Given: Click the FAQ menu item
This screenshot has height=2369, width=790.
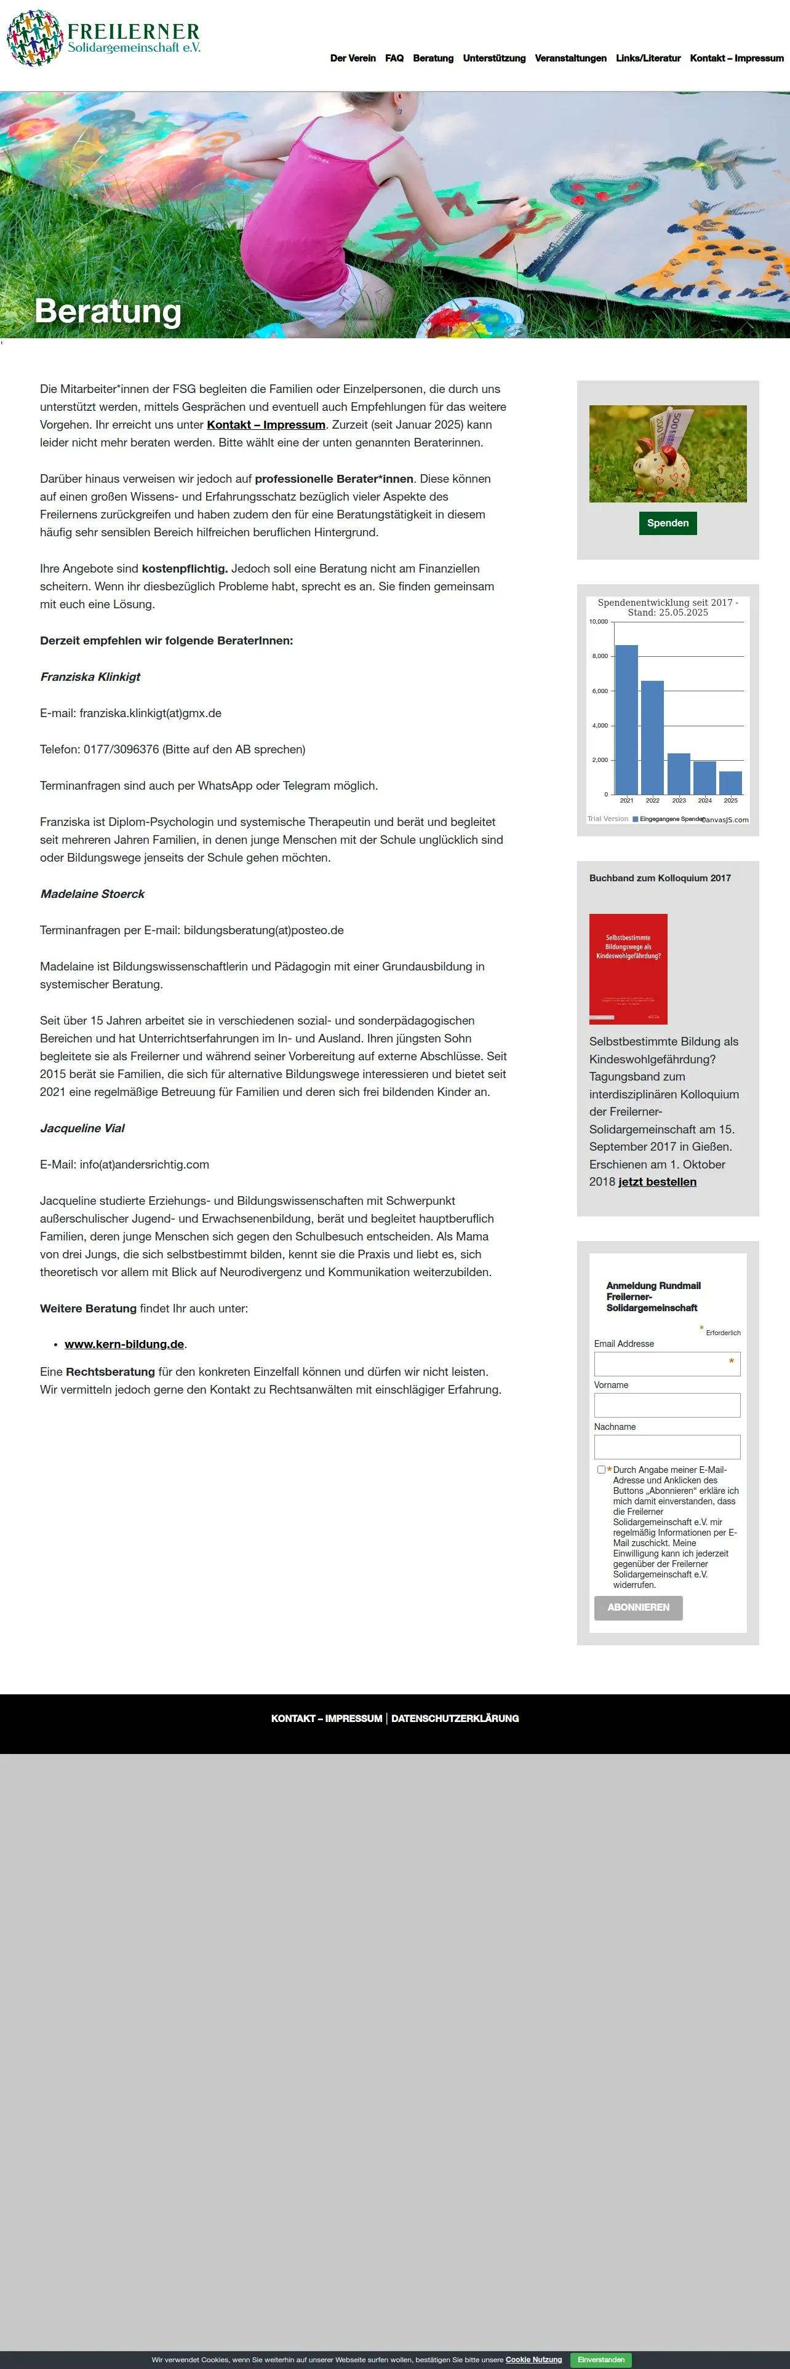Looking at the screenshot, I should pyautogui.click(x=394, y=58).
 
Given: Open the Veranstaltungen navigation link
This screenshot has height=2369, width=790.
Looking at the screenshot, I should pyautogui.click(x=570, y=58).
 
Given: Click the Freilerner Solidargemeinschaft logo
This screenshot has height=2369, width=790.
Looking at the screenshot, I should pyautogui.click(x=103, y=39).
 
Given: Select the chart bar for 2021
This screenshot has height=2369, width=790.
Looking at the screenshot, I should pyautogui.click(x=626, y=719).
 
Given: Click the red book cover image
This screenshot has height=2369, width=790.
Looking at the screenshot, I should pyautogui.click(x=628, y=969).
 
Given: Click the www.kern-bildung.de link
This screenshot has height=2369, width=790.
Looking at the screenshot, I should pyautogui.click(x=124, y=1344).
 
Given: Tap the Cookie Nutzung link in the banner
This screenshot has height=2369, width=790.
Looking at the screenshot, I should pyautogui.click(x=533, y=2360).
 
